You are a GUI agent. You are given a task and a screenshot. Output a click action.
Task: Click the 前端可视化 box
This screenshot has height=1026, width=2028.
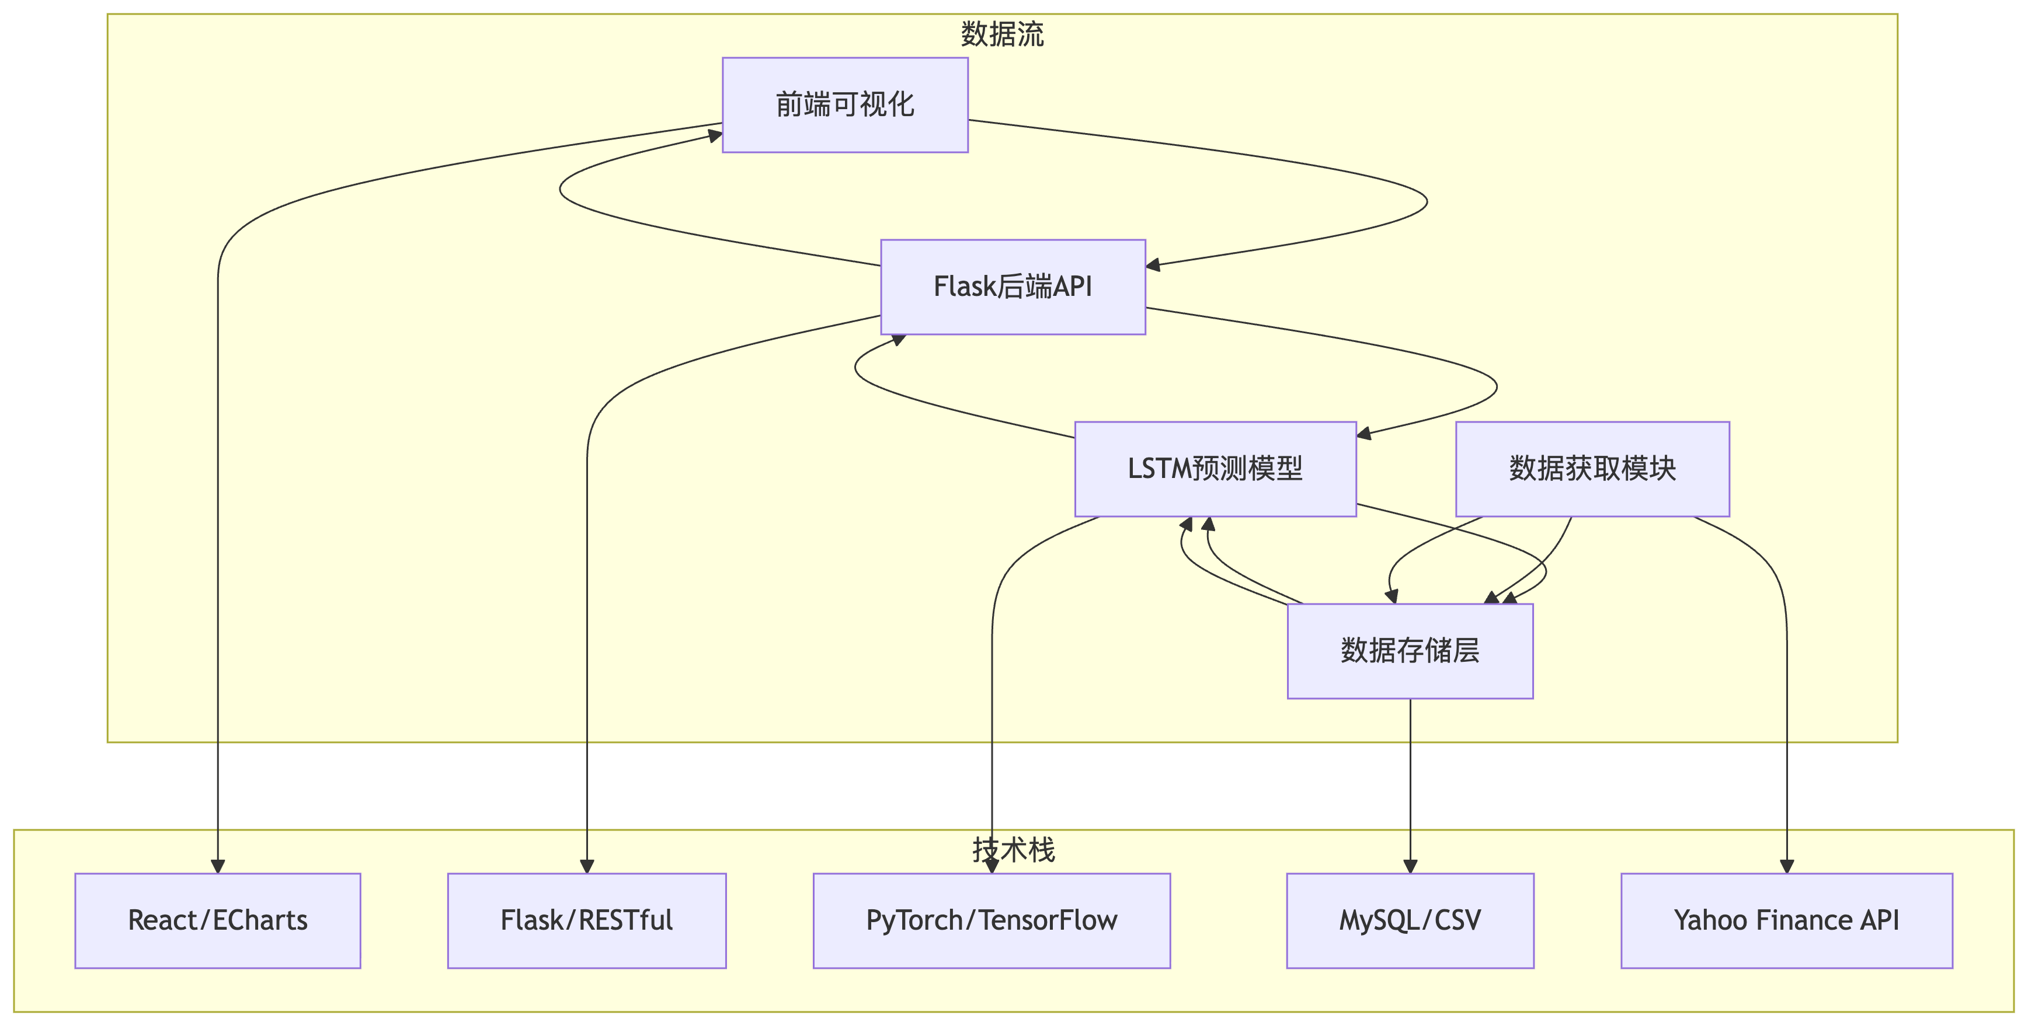tap(845, 104)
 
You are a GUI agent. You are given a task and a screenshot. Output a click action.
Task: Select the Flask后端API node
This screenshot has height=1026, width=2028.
tap(1013, 287)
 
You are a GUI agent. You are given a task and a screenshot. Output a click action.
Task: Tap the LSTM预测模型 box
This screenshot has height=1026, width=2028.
tap(1215, 469)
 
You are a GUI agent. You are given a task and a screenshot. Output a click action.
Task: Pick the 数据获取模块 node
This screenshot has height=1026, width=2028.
tap(1592, 469)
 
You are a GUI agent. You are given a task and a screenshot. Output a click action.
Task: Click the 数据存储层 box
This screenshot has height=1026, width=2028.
tap(1409, 651)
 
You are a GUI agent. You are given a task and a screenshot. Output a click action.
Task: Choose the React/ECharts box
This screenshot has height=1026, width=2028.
tap(217, 920)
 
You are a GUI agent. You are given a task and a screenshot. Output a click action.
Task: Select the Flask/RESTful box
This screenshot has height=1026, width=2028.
tap(586, 920)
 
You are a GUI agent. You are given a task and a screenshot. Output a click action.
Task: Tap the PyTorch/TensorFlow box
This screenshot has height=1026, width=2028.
tap(991, 920)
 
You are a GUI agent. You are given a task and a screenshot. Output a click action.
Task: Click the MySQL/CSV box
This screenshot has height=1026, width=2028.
tap(1409, 920)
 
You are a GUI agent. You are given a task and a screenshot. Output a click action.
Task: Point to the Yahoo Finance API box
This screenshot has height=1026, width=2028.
tap(1786, 920)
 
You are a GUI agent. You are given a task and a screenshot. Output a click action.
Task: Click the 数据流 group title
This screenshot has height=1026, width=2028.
tap(1001, 34)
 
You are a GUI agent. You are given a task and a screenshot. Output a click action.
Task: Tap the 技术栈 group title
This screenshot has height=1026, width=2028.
tap(1013, 850)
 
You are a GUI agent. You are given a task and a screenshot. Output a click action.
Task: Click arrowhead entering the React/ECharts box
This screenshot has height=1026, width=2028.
tap(218, 866)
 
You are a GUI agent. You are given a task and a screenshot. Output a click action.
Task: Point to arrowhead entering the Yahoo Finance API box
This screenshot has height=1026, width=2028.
tap(1786, 866)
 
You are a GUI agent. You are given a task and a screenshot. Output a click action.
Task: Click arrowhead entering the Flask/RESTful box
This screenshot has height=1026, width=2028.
tap(586, 866)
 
